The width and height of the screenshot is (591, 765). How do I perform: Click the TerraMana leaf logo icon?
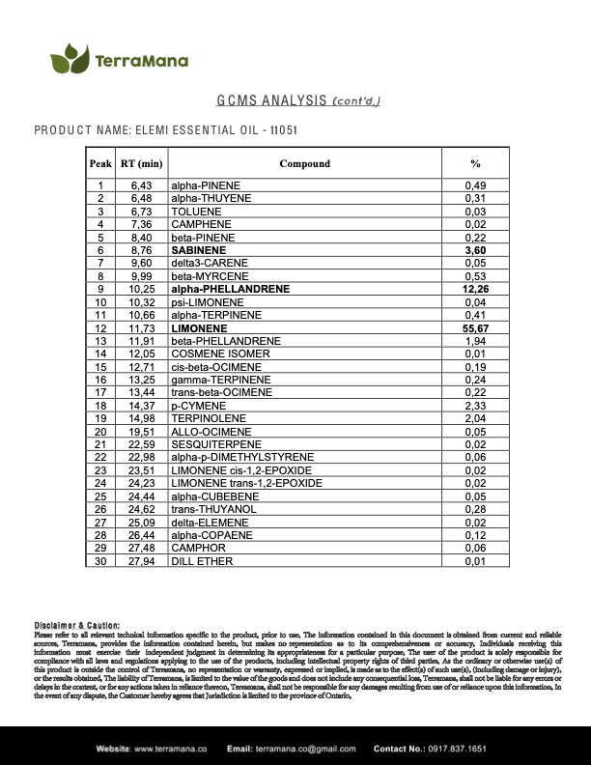70,60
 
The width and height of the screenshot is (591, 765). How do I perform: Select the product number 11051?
281,129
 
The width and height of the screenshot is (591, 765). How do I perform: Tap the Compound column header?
304,163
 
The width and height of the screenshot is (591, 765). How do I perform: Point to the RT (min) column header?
141,163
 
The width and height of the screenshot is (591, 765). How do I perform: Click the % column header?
474,163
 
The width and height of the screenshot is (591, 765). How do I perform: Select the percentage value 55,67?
474,329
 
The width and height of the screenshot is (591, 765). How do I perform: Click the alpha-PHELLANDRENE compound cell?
230,289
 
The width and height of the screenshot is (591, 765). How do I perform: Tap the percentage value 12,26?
474,289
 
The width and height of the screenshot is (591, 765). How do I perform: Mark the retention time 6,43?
141,184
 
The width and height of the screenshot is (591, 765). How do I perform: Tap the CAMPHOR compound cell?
196,548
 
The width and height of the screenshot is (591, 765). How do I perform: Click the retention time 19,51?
141,432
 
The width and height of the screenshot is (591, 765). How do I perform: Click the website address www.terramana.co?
170,749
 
